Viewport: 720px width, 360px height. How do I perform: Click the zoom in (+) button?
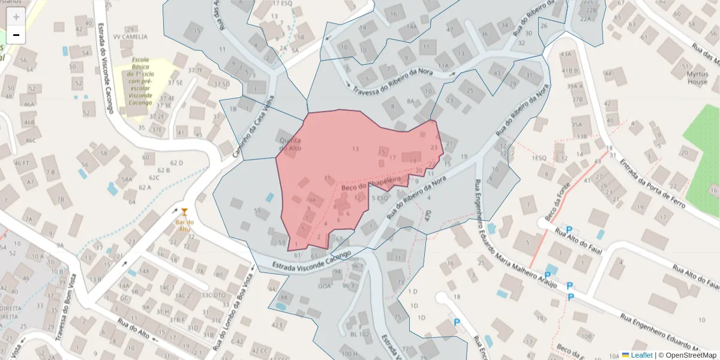[x=16, y=17]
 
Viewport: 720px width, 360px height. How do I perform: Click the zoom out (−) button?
[x=16, y=35]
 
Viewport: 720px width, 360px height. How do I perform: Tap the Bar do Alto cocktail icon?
[x=184, y=211]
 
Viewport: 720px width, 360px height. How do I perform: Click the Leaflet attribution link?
[x=641, y=355]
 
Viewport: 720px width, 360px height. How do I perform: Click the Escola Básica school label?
[x=140, y=81]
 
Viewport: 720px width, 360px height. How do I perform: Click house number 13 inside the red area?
[x=355, y=149]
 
